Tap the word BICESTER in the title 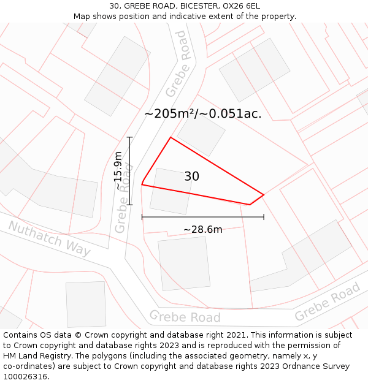coord(185,6)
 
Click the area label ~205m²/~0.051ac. coord(203,113)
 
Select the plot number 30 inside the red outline coord(191,176)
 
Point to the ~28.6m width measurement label coord(202,230)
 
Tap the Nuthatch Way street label coord(49,239)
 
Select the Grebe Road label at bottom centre coord(185,317)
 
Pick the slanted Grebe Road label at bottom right coord(328,302)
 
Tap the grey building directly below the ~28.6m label coord(184,263)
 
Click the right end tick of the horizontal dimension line coord(264,216)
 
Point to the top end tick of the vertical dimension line coord(130,137)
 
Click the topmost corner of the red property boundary coord(171,137)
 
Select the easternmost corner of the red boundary coord(264,195)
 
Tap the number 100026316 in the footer coord(26,376)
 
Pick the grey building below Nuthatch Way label coord(86,304)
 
